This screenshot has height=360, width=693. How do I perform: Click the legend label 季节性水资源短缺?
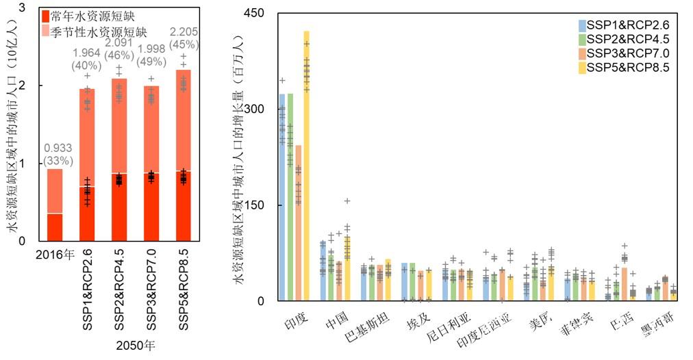99,31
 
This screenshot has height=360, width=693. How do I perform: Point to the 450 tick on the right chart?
264,13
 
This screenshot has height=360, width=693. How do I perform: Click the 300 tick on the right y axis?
264,110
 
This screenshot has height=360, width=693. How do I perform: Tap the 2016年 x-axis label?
54,256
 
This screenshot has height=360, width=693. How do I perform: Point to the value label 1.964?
86,53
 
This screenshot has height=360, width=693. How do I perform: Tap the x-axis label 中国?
337,320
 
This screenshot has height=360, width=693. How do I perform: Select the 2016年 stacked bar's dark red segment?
55,227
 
